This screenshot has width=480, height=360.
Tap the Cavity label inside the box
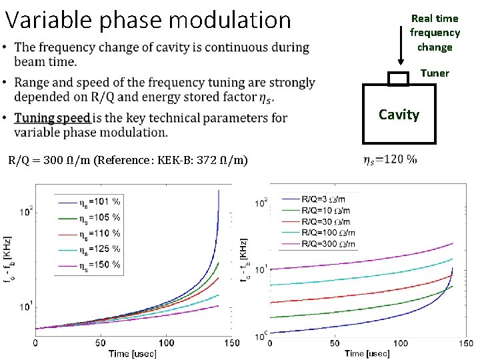coord(399,115)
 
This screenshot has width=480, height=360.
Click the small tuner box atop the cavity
coord(398,79)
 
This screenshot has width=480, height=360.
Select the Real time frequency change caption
coord(435,33)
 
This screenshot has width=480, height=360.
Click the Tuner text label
coord(434,73)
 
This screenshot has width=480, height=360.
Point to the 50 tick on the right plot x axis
coord(335,343)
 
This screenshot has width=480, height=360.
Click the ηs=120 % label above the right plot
coord(391,160)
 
